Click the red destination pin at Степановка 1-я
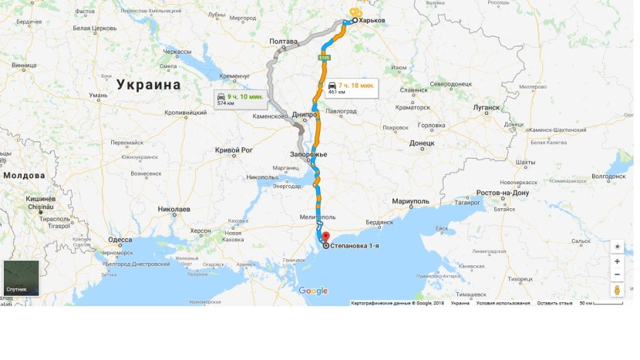point(325,237)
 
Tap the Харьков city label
point(373,22)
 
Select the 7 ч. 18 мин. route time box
point(350,88)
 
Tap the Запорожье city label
point(308,154)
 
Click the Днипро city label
point(305,114)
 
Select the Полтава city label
point(283,41)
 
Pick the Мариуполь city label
point(410,201)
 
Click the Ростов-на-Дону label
point(503,193)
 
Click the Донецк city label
point(422,143)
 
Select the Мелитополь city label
point(318,217)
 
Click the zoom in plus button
point(617,261)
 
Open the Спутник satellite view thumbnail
point(21,278)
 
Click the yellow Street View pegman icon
point(617,290)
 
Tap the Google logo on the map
point(313,291)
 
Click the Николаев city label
point(173,209)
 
